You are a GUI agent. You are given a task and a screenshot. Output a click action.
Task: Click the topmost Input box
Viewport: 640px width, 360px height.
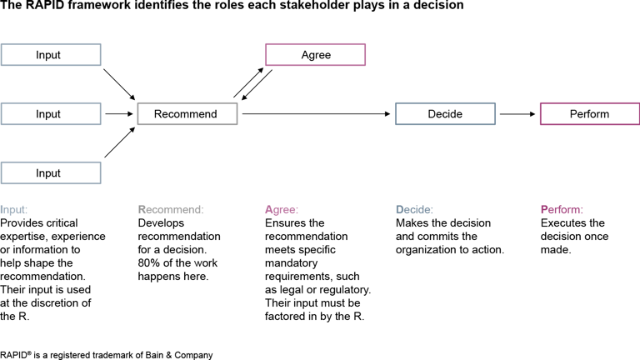coord(51,55)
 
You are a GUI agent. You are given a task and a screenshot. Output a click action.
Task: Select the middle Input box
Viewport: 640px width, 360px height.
coord(51,113)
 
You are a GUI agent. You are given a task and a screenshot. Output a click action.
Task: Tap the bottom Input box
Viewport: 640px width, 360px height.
coord(51,172)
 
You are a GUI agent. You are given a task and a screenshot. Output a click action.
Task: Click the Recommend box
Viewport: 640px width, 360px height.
coord(187,113)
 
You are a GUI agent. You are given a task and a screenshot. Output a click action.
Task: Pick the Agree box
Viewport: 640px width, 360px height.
coord(315,55)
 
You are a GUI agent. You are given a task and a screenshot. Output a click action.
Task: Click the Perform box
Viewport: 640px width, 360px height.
coord(590,113)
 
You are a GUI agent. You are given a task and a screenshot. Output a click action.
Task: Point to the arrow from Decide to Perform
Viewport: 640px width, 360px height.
coord(517,113)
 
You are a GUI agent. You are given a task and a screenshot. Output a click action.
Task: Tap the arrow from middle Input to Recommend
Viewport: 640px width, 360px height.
coord(118,113)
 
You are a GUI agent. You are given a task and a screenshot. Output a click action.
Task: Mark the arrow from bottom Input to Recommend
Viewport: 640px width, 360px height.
coord(119,142)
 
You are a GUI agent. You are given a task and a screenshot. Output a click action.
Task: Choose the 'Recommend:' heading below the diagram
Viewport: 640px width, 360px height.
coord(171,210)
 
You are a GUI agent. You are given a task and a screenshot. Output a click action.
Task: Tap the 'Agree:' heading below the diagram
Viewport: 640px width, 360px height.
coord(282,210)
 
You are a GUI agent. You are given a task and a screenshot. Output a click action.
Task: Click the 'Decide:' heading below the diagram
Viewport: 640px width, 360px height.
coord(414,210)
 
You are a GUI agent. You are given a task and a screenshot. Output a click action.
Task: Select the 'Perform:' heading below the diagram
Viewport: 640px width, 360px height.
coord(562,210)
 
